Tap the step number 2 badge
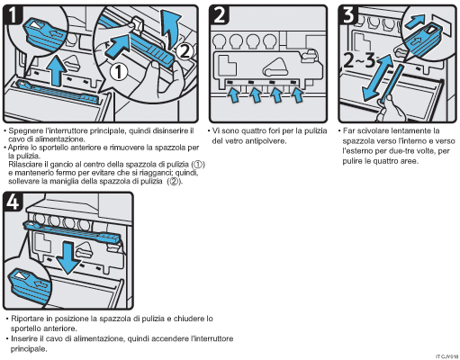[x=221, y=15]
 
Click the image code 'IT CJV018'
[x=446, y=355]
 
